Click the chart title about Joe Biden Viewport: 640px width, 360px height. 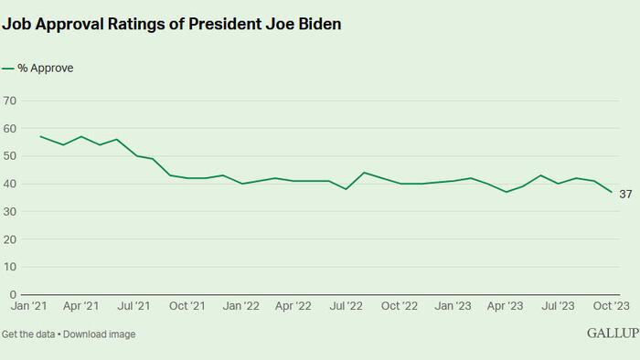pos(172,24)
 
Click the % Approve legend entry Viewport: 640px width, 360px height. pos(37,69)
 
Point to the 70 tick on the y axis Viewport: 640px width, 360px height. pos(9,101)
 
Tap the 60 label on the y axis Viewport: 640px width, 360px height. pos(9,129)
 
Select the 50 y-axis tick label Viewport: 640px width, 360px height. pos(9,156)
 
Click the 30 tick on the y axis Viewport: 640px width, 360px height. pos(9,212)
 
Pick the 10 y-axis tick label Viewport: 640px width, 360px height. pos(9,267)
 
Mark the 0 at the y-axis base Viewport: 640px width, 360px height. pos(13,294)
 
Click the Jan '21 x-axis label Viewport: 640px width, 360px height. pos(28,306)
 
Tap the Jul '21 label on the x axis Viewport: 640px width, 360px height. pos(133,306)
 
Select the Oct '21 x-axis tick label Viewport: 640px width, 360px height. pos(187,306)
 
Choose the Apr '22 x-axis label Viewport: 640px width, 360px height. pos(293,306)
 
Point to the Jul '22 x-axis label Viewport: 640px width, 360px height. pos(347,306)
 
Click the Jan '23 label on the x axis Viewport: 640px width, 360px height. pos(453,306)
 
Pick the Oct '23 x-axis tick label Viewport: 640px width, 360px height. pos(612,306)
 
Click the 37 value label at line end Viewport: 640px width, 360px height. pos(625,195)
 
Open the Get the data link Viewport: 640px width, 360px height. pos(28,334)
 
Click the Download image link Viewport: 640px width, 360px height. pos(99,334)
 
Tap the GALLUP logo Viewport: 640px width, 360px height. pos(613,334)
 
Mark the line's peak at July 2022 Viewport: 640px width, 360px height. pos(364,173)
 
